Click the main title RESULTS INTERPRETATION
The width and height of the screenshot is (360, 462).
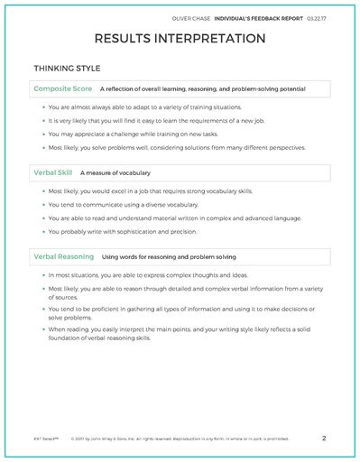pos(180,39)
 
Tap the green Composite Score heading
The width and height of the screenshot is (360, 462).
pos(63,89)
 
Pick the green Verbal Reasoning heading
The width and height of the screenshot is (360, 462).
pos(64,257)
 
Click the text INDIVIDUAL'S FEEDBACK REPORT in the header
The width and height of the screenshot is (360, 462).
pos(271,14)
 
